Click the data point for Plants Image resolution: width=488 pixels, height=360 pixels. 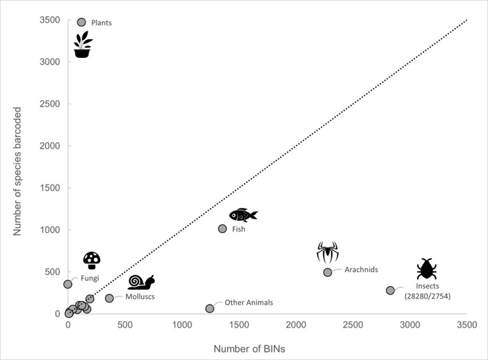pos(82,22)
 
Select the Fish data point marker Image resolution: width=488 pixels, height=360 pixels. pos(223,229)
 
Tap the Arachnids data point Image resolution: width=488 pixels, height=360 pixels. pos(328,272)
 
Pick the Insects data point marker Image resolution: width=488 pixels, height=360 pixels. pos(390,290)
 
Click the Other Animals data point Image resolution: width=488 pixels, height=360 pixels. pos(210,309)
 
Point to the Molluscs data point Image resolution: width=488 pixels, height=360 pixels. pos(110,298)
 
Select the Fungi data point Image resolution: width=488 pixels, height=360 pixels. pos(68,284)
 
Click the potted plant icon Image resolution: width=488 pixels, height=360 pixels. pos(83,45)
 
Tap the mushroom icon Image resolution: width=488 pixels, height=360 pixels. pos(91,261)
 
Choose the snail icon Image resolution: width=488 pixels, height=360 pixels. pos(141,282)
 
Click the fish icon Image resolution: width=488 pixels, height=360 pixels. pos(243,215)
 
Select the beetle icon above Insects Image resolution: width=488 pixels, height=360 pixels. pos(426,269)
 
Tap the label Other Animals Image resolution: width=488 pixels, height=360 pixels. pos(249,302)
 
